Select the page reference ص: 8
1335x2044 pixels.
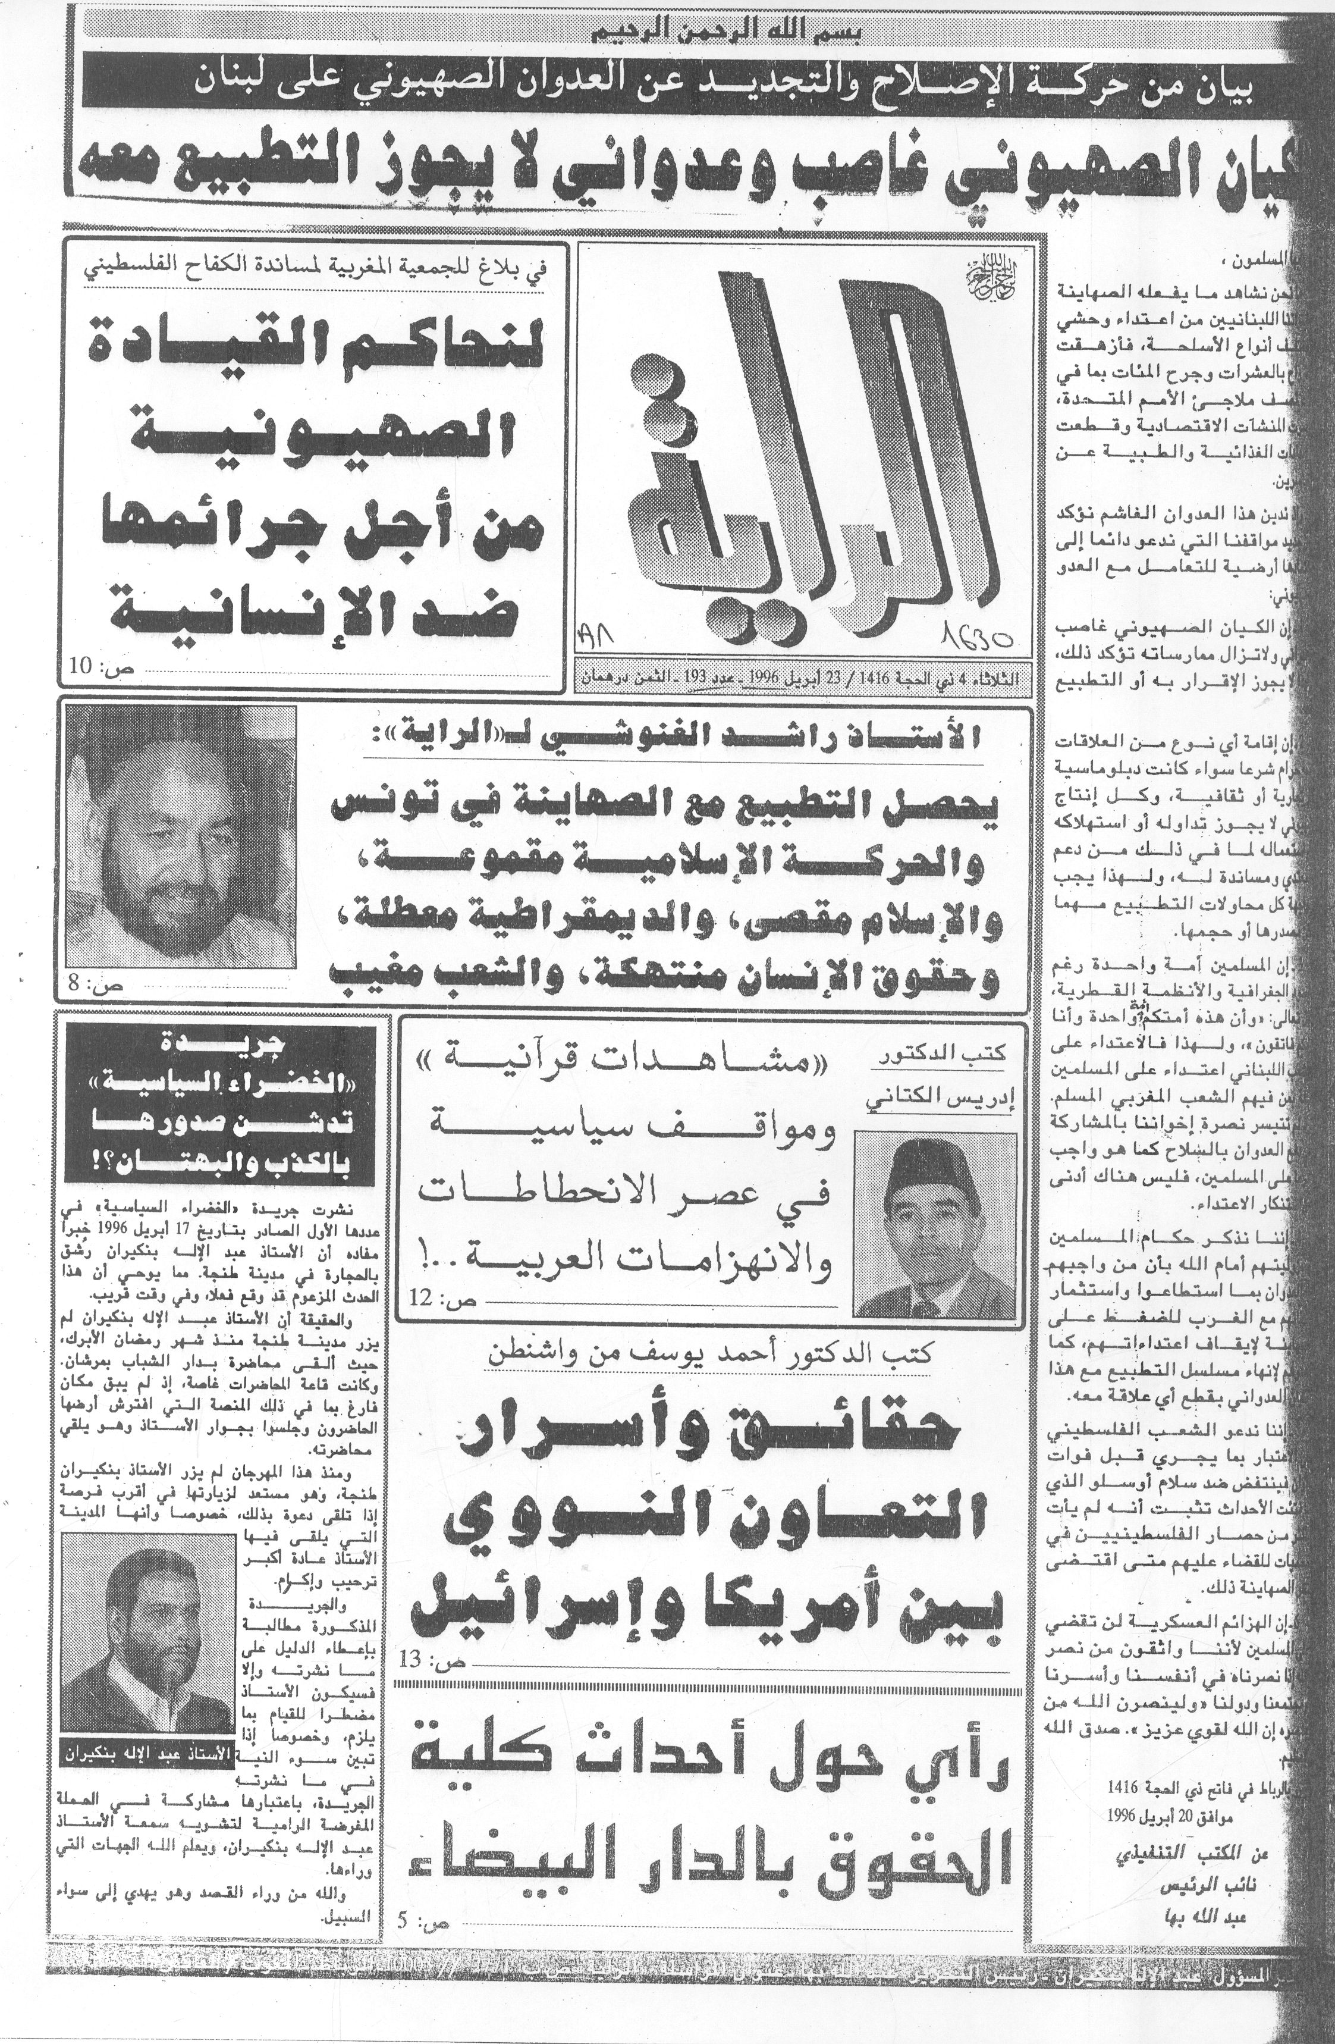pos(93,985)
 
